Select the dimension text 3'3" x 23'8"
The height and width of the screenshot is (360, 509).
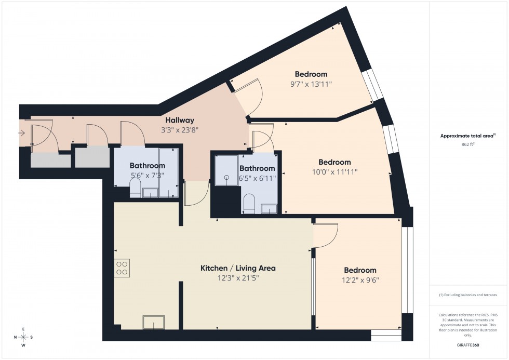[180, 130]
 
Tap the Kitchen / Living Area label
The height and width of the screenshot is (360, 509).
[238, 268]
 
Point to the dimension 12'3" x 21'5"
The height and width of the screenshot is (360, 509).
[238, 278]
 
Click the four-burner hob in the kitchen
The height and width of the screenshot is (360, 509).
[122, 268]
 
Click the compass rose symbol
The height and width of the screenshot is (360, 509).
[23, 337]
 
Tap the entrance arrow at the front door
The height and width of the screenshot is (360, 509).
[21, 134]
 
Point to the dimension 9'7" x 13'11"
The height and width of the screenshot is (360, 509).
[311, 84]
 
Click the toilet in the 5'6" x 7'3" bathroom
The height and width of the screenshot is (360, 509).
[135, 189]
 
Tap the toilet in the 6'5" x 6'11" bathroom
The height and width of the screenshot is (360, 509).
[249, 203]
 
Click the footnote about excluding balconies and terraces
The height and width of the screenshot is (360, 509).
[468, 295]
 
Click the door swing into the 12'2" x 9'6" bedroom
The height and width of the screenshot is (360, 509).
[326, 235]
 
